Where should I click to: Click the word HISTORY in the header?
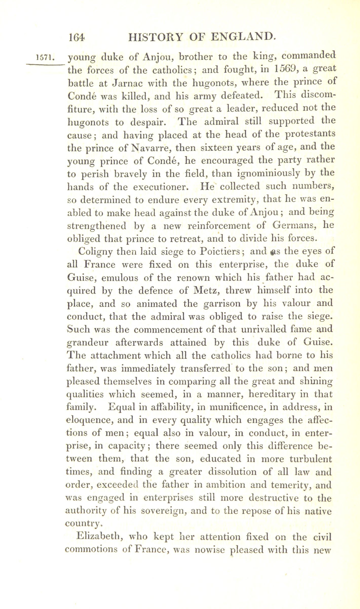point(155,38)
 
